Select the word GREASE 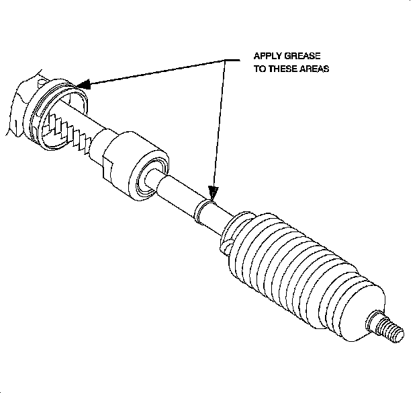point(306,56)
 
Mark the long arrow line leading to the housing point(154,73)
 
